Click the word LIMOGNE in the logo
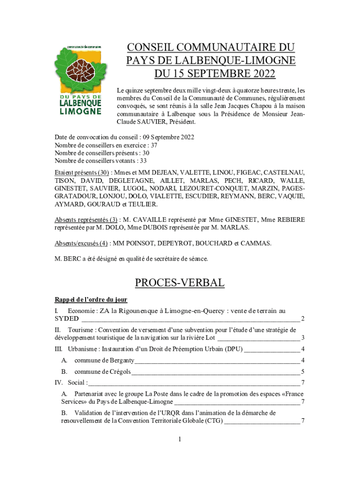tap(81, 111)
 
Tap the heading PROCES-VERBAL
tap(180, 283)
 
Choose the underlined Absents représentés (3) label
tap(86, 219)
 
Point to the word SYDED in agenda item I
tap(66, 319)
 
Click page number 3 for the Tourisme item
tap(303, 338)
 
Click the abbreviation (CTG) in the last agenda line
tap(213, 421)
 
